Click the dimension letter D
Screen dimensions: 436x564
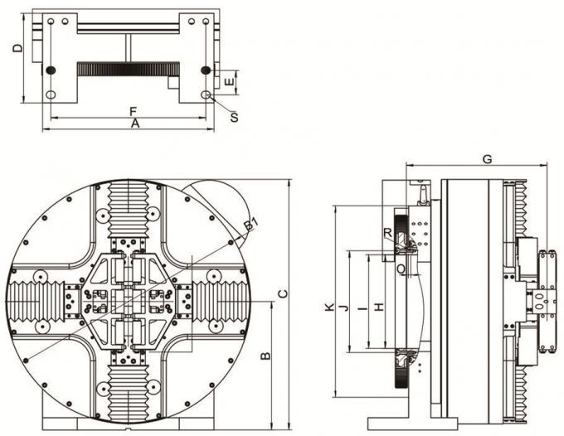click(x=17, y=50)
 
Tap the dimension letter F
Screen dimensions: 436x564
click(x=133, y=110)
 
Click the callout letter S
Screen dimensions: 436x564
click(x=234, y=118)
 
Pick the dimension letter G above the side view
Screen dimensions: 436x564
click(x=487, y=158)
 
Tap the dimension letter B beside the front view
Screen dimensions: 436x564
click(x=265, y=356)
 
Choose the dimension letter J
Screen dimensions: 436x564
click(x=343, y=308)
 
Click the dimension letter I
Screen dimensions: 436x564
click(x=361, y=308)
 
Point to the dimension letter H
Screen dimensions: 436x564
click(x=378, y=308)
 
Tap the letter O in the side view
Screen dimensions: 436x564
click(x=401, y=269)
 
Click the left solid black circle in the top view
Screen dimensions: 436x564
click(x=51, y=71)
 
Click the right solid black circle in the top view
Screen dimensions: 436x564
click(x=205, y=71)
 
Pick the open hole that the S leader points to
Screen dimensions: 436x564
click(x=205, y=95)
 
